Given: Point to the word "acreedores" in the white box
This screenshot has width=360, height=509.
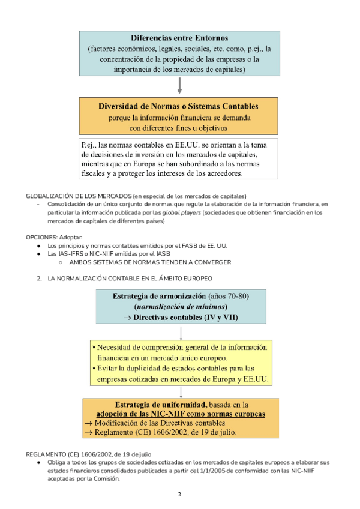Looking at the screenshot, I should point(220,174).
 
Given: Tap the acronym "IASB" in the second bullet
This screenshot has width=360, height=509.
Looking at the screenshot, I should point(164,254).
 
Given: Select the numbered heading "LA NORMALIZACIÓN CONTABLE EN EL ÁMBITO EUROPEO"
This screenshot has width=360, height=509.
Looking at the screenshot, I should point(129,279).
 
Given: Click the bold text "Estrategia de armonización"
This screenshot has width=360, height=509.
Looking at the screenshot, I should point(158,296).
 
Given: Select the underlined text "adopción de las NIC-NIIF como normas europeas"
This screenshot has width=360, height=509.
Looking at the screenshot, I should point(181,414).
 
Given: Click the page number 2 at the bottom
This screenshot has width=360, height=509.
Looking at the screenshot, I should point(179,494).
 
